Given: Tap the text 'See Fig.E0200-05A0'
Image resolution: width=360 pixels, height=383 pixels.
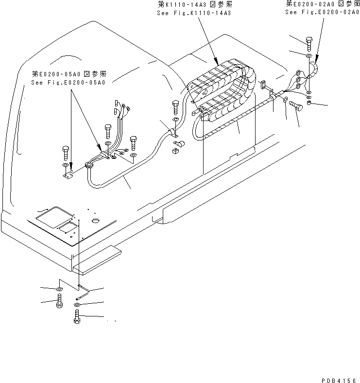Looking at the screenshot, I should point(68,82).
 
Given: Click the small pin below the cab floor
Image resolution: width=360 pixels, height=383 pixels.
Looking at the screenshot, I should point(83,293).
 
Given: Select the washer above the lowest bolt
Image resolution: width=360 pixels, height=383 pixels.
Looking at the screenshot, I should point(77,306).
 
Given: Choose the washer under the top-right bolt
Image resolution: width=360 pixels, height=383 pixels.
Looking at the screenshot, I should point(309,57).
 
